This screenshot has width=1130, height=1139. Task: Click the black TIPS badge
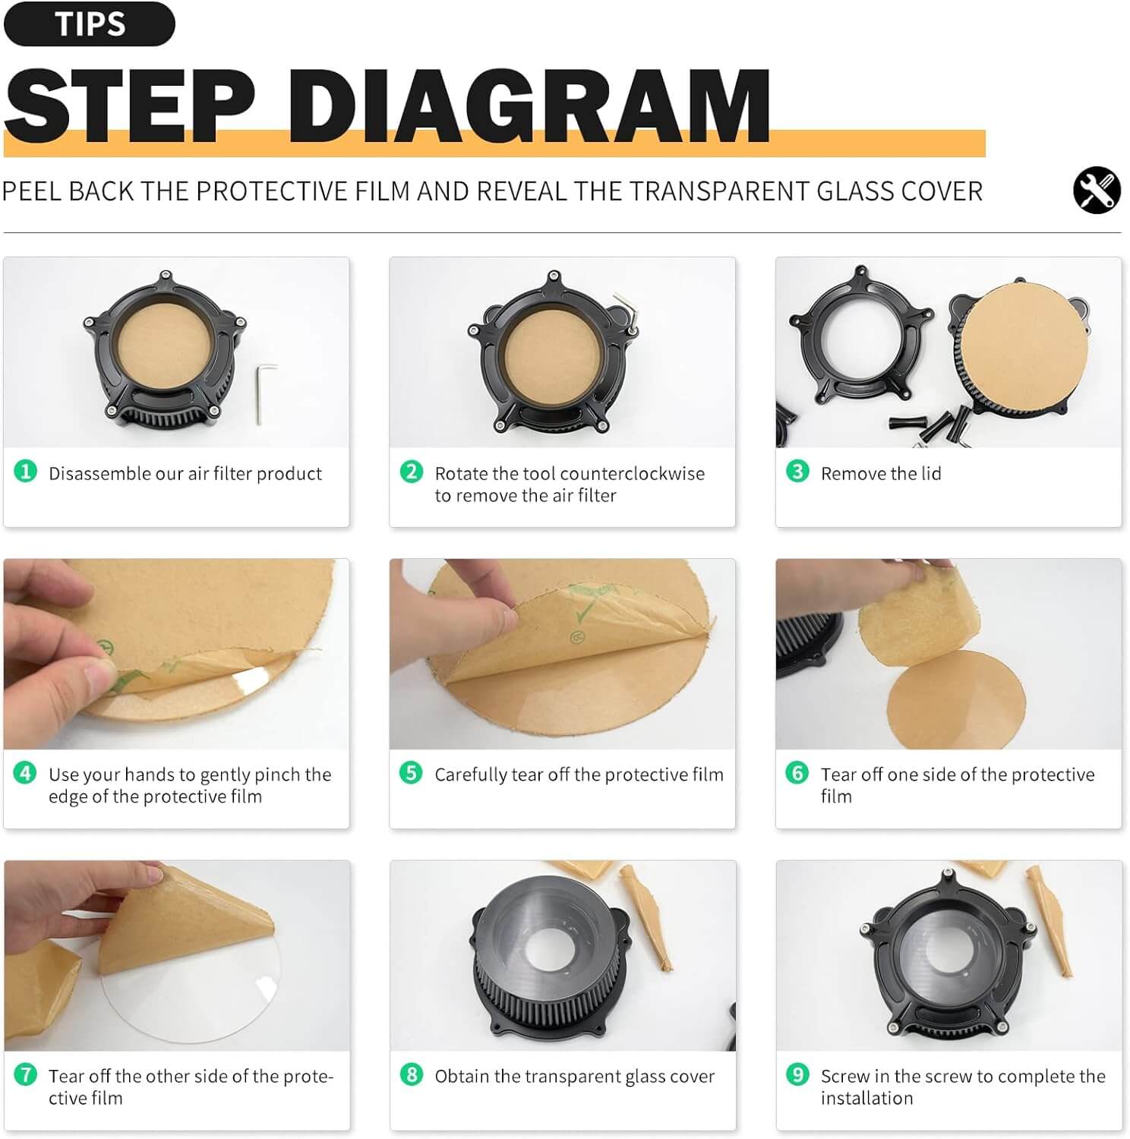[89, 24]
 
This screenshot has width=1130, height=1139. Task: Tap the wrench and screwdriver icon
[1096, 190]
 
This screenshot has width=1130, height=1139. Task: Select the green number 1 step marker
[25, 472]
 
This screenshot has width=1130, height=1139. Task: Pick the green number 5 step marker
[411, 773]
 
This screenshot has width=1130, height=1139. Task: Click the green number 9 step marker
[797, 1074]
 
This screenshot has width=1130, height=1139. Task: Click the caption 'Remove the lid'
[880, 474]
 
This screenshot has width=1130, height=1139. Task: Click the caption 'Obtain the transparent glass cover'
[574, 1076]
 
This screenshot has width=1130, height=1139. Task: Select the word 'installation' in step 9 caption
[866, 1098]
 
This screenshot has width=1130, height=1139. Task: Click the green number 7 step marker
[25, 1074]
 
